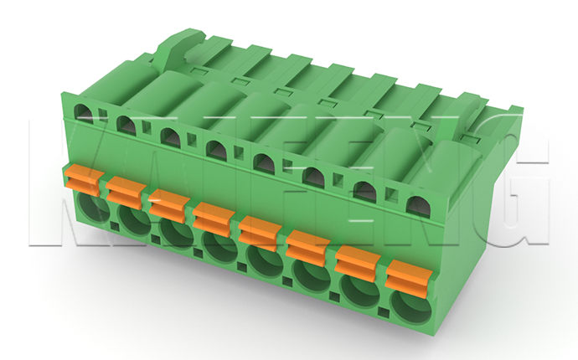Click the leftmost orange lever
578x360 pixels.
(x=83, y=181)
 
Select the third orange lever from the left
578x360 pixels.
(x=169, y=205)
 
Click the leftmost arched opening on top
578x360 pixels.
(x=84, y=113)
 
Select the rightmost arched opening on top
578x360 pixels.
(x=418, y=206)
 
